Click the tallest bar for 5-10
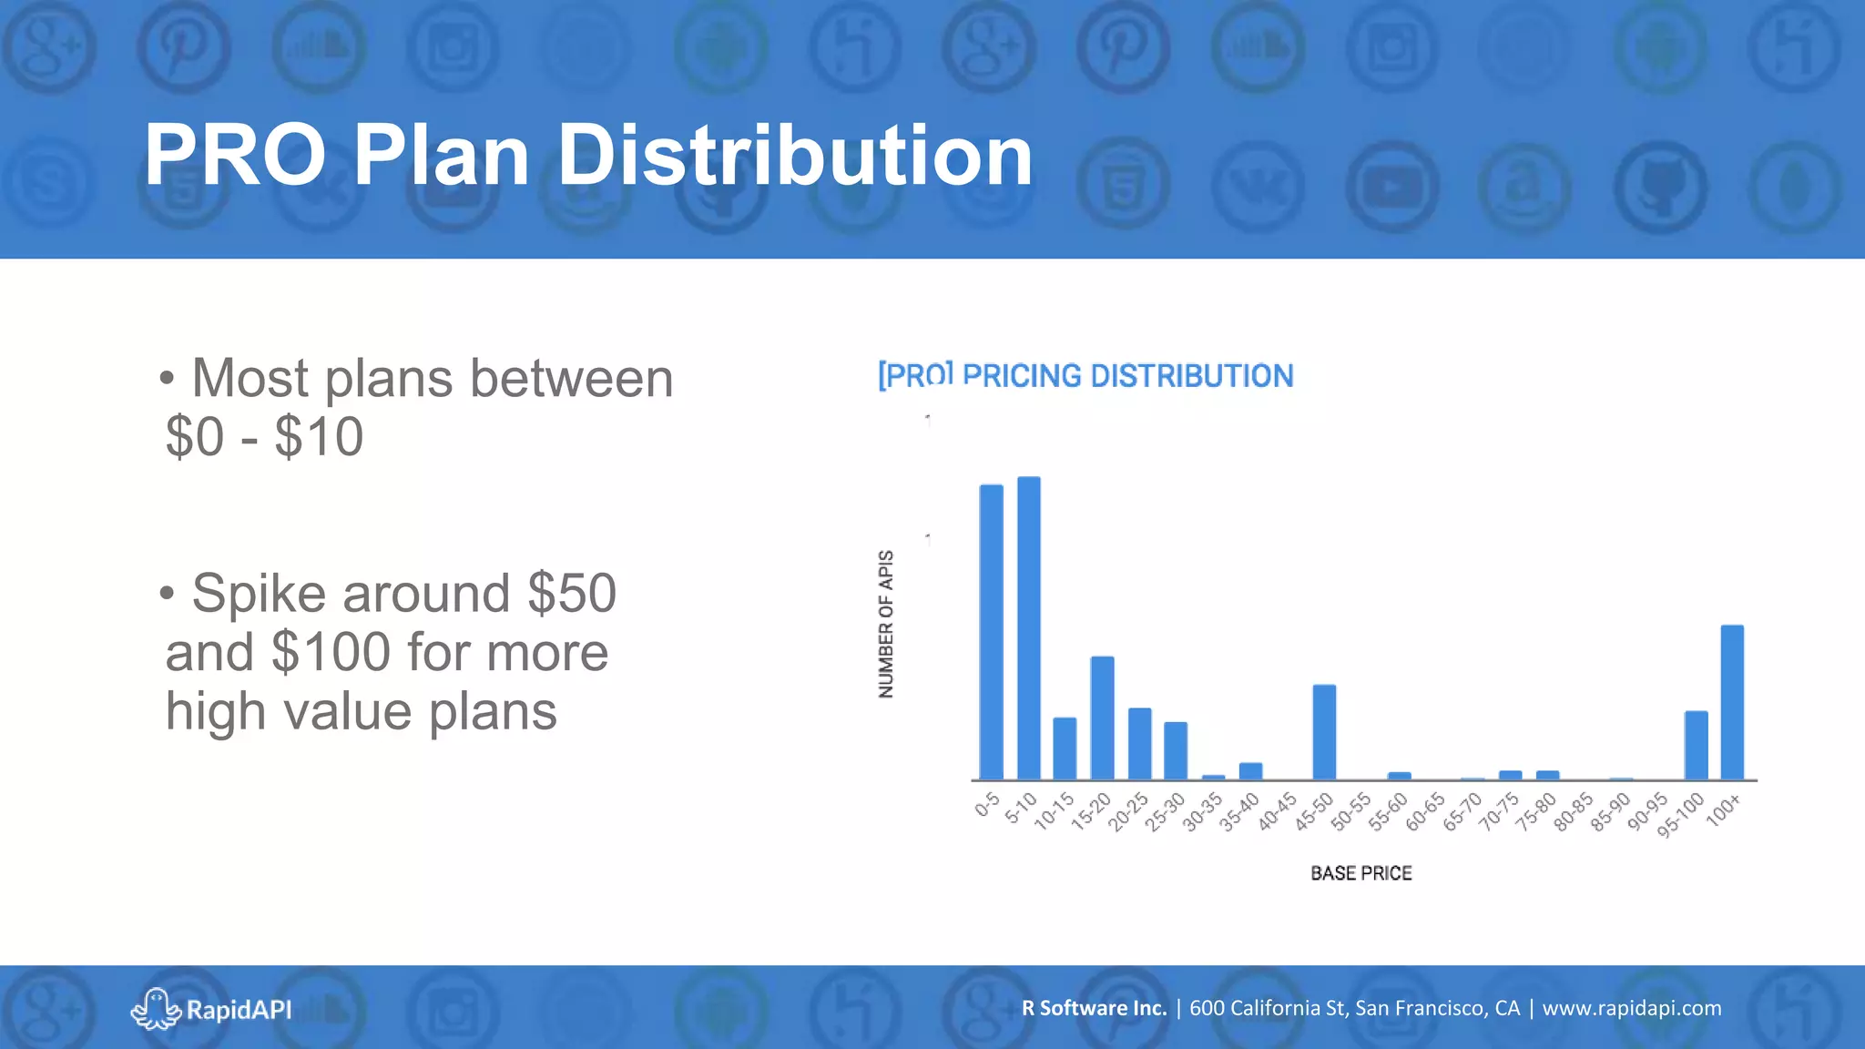(x=1028, y=628)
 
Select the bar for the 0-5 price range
(x=991, y=632)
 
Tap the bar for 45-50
(x=1324, y=732)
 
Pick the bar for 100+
(x=1732, y=702)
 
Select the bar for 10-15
(x=1065, y=749)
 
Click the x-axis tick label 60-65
(x=1425, y=811)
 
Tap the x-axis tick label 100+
(x=1724, y=810)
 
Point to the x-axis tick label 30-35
(x=1202, y=811)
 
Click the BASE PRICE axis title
(x=1361, y=873)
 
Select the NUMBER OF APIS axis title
(x=886, y=625)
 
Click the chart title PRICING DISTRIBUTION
(x=1127, y=376)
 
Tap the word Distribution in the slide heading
(x=794, y=156)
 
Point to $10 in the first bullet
(x=319, y=437)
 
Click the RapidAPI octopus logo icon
(x=156, y=1008)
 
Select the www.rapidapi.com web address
(x=1631, y=1008)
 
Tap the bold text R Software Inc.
(x=1094, y=1008)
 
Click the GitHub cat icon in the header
(x=1660, y=188)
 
